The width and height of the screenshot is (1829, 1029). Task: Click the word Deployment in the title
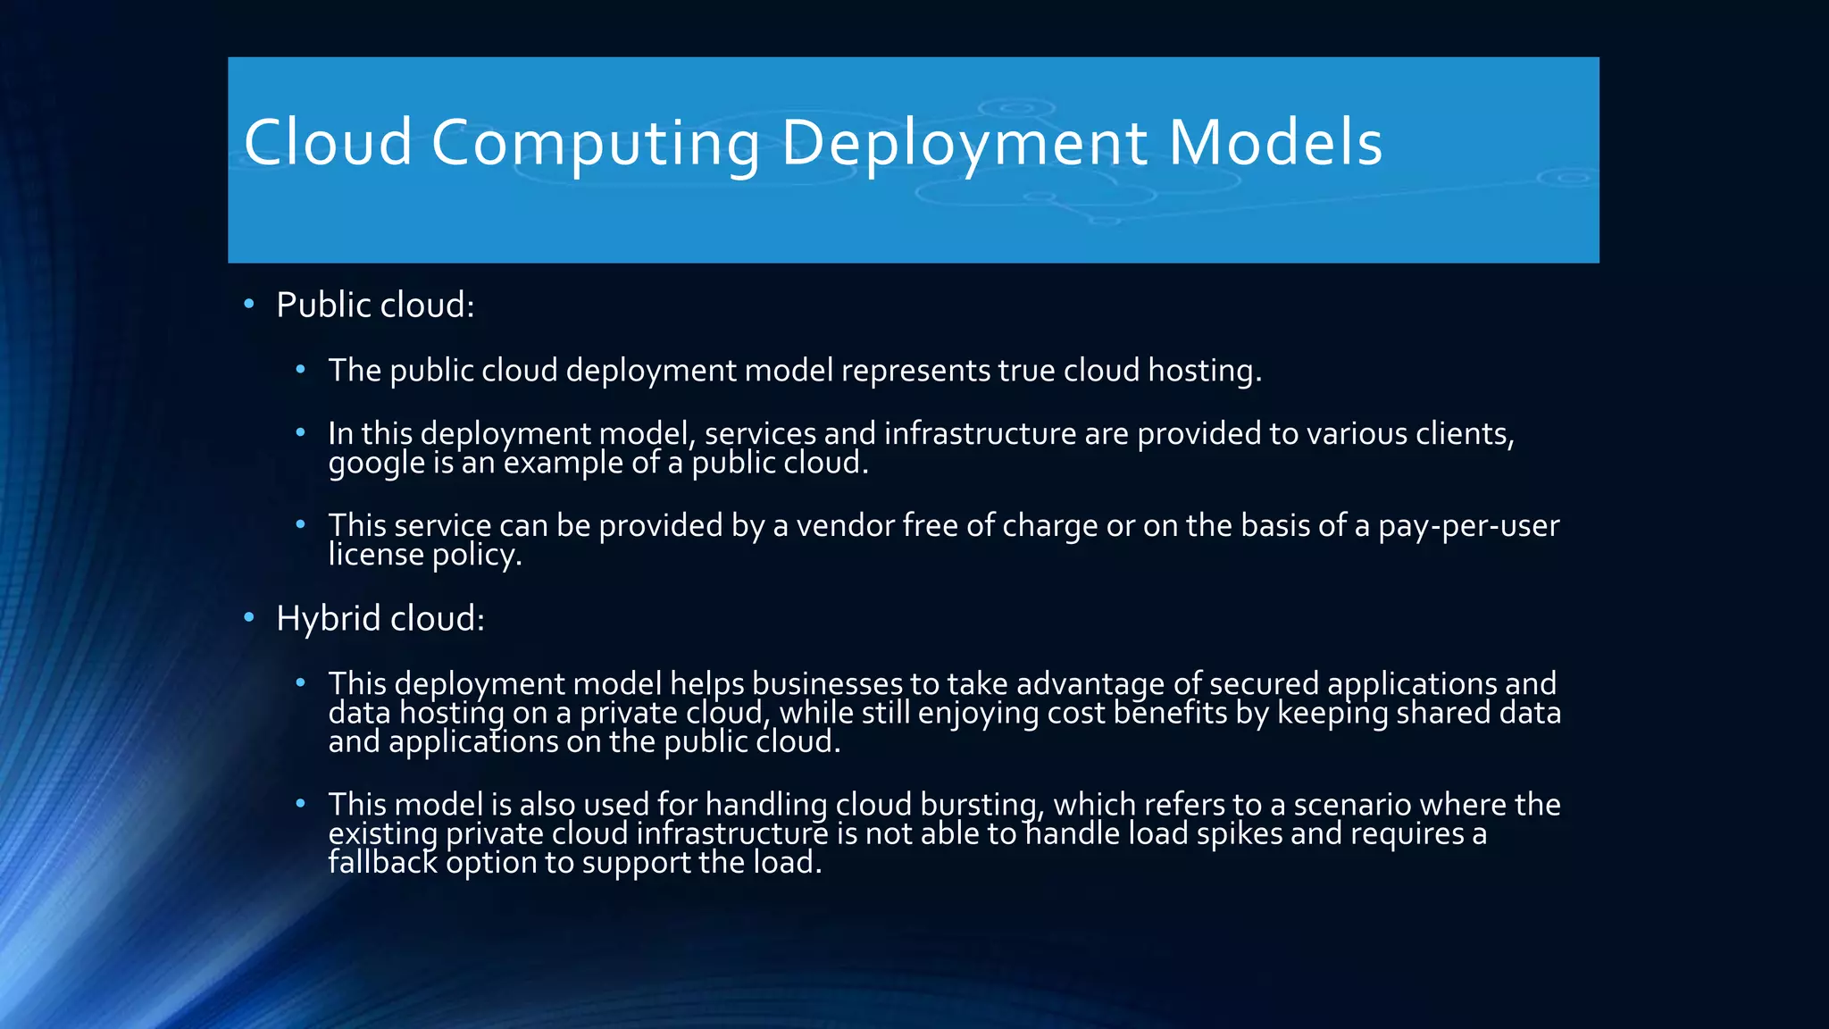coord(964,143)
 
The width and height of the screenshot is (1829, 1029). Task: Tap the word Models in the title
coord(1275,143)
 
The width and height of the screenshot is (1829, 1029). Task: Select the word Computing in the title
coord(596,143)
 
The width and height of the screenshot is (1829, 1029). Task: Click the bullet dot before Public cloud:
coord(249,305)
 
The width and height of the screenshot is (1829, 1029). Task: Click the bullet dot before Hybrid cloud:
coord(249,617)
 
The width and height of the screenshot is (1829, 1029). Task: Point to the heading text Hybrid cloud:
coord(380,618)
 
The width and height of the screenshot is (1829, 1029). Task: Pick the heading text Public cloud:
coord(375,305)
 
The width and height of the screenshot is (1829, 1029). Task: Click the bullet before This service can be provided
coord(301,524)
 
